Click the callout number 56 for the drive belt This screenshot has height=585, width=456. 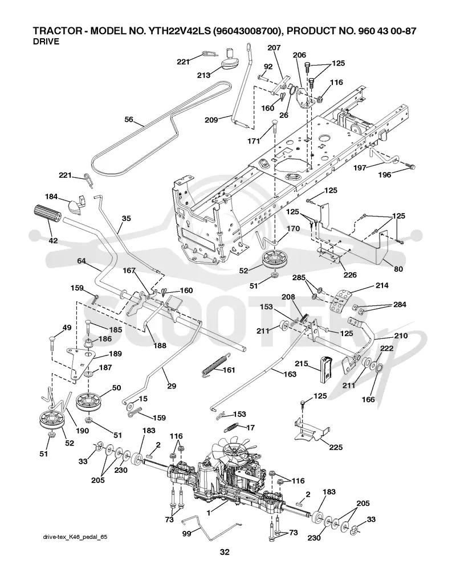[x=129, y=120]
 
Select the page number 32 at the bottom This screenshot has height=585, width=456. [x=225, y=552]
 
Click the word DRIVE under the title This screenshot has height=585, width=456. [x=46, y=42]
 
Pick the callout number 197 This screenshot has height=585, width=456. [x=361, y=168]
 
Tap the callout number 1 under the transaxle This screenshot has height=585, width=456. [x=208, y=513]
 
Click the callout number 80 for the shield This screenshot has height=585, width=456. [x=398, y=269]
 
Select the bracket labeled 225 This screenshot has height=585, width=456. [x=310, y=428]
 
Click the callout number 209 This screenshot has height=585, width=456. [x=211, y=120]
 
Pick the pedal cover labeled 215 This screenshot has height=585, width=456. [x=325, y=369]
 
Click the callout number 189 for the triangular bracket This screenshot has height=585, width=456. [x=115, y=354]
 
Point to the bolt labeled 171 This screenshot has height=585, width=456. [x=274, y=130]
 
